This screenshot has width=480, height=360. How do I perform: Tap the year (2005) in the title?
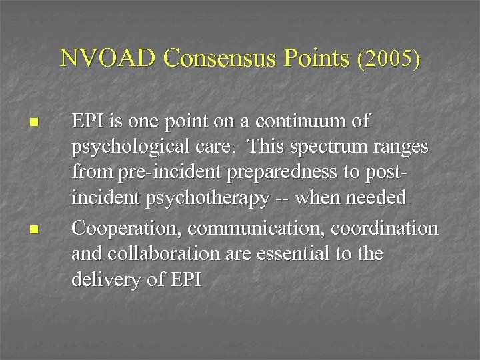[389, 59]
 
